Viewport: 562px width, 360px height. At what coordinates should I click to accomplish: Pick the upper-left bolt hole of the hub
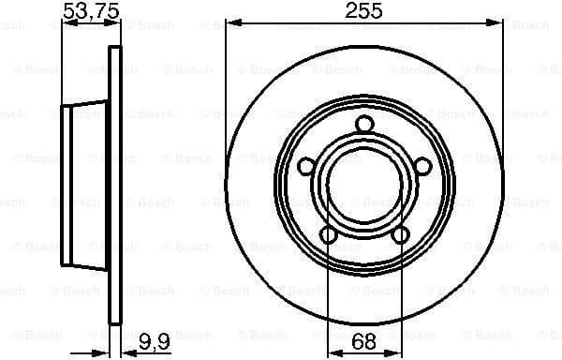pos(305,166)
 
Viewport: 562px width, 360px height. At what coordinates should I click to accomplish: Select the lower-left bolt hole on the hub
pos(327,233)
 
